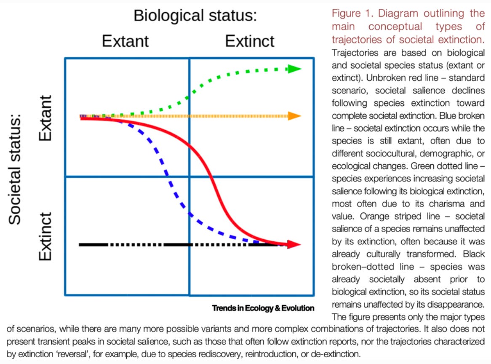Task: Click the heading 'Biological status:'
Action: pos(195,16)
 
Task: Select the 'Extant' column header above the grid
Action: pos(125,41)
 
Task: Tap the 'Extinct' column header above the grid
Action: pos(249,41)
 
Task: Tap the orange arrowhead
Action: pos(294,116)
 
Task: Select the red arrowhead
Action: pos(294,244)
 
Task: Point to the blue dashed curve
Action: pos(168,177)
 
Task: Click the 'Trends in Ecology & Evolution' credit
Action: pos(263,308)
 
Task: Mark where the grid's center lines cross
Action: pos(189,177)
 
